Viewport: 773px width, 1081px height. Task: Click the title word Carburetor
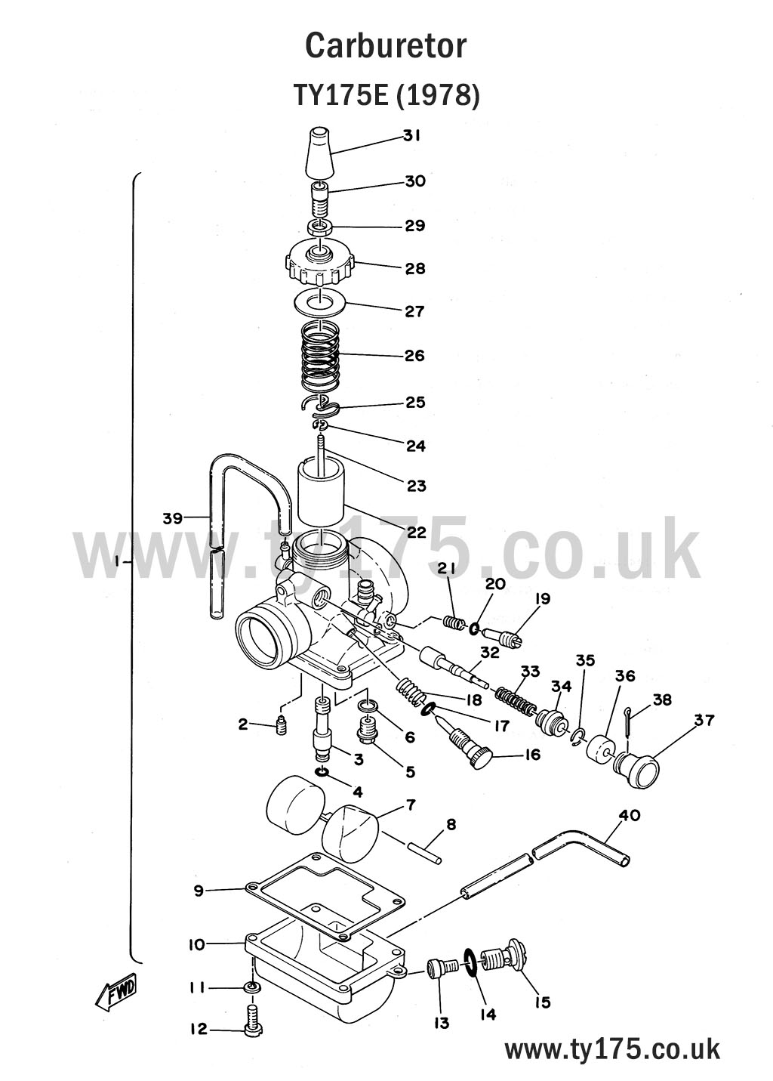(x=386, y=47)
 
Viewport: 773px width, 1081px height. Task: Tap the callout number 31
(x=411, y=136)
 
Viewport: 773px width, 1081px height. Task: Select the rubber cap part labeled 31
(x=319, y=151)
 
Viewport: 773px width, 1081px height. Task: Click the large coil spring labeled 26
(x=321, y=355)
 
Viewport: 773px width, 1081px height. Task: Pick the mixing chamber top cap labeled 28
(x=319, y=263)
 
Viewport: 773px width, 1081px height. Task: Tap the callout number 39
(x=173, y=517)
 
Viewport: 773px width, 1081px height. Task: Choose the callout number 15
(x=542, y=1002)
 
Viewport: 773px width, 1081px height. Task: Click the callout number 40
(x=629, y=815)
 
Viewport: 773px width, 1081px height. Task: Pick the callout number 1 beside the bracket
(x=116, y=562)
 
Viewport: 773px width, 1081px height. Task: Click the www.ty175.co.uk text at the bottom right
(x=611, y=1049)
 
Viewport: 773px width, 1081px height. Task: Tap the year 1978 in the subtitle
(x=436, y=96)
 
